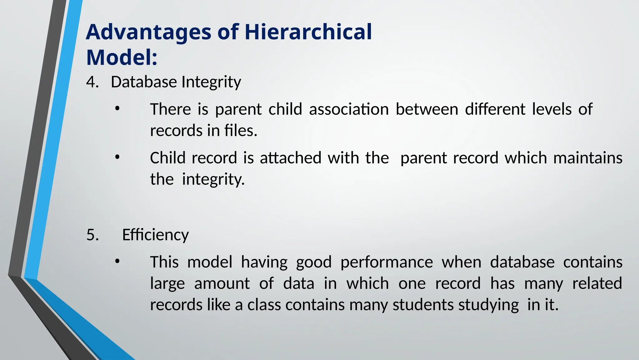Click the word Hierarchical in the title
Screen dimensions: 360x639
point(308,32)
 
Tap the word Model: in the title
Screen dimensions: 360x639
point(122,58)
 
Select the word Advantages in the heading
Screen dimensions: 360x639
point(149,32)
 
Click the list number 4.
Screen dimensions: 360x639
point(92,82)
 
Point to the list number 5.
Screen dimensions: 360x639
point(92,235)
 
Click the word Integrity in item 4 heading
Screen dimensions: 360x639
point(211,82)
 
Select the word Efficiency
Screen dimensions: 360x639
point(155,235)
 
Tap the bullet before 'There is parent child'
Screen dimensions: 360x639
point(117,109)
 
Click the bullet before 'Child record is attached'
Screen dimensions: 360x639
point(117,158)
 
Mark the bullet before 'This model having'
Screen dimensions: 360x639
point(117,262)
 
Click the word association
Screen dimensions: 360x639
point(349,109)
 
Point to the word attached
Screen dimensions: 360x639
point(290,158)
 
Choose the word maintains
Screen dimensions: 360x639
point(588,158)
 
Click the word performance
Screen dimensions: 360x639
point(386,262)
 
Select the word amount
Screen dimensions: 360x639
point(222,284)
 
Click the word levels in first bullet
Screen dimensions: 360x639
point(552,109)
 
